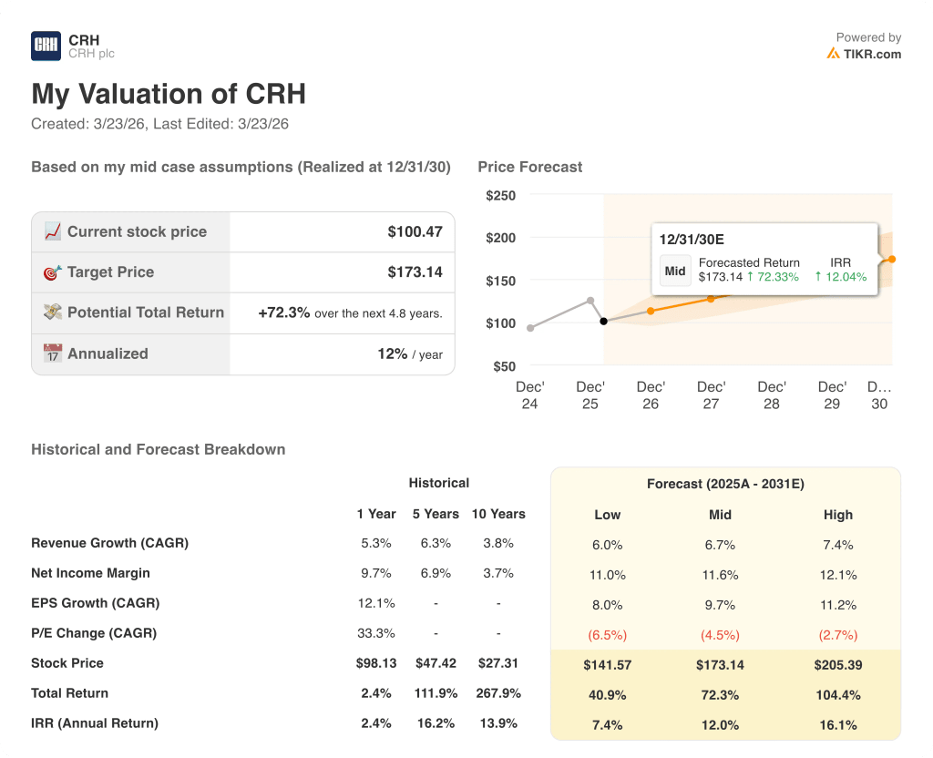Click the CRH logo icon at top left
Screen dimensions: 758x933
[46, 46]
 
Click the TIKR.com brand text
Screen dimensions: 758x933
[871, 54]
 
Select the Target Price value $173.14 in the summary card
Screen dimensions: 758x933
[415, 271]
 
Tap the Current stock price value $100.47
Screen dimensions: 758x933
[415, 231]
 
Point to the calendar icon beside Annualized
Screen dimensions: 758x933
[53, 353]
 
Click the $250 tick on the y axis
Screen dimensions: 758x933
[500, 195]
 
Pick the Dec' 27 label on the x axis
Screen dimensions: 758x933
[711, 394]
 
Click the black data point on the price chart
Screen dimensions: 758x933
[603, 321]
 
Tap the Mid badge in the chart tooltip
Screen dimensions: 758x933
[675, 271]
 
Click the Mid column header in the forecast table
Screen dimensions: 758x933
[720, 515]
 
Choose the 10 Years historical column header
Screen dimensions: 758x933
[498, 514]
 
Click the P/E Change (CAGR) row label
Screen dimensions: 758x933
[94, 633]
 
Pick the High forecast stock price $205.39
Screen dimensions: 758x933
[837, 665]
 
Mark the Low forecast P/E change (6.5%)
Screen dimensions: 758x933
[607, 635]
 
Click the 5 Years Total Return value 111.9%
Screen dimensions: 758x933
[436, 693]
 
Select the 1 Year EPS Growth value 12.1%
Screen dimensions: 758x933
[375, 603]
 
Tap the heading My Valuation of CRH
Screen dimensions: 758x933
[169, 94]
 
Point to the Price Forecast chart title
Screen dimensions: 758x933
[529, 167]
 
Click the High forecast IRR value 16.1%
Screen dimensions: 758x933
[837, 725]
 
